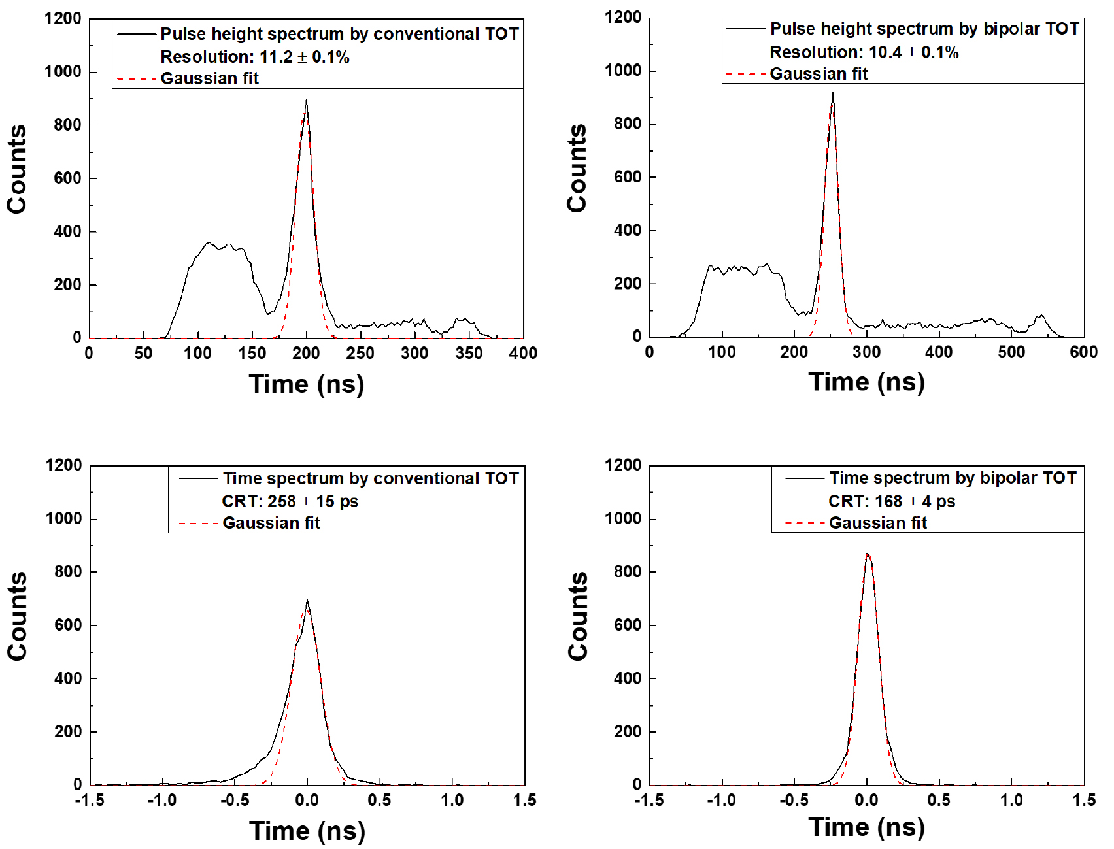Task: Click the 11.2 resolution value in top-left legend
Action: click(x=276, y=57)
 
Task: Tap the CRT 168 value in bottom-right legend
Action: click(x=888, y=501)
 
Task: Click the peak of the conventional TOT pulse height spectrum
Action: click(x=306, y=101)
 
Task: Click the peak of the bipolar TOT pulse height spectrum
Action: click(x=833, y=93)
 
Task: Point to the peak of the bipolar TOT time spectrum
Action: click(x=867, y=554)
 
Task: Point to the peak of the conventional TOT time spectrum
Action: click(x=307, y=600)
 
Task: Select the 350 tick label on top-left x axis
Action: click(x=469, y=354)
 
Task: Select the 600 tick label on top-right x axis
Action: click(x=1083, y=352)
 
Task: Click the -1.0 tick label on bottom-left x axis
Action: click(x=161, y=801)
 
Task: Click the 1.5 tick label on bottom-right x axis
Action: click(x=1083, y=801)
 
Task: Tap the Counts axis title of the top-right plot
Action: click(x=577, y=169)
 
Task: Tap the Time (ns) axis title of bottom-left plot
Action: click(x=307, y=831)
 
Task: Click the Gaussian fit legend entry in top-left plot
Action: click(x=209, y=78)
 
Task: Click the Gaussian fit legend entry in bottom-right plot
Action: click(x=877, y=523)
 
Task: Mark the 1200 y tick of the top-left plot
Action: click(x=63, y=19)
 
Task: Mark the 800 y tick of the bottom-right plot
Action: click(x=628, y=572)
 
